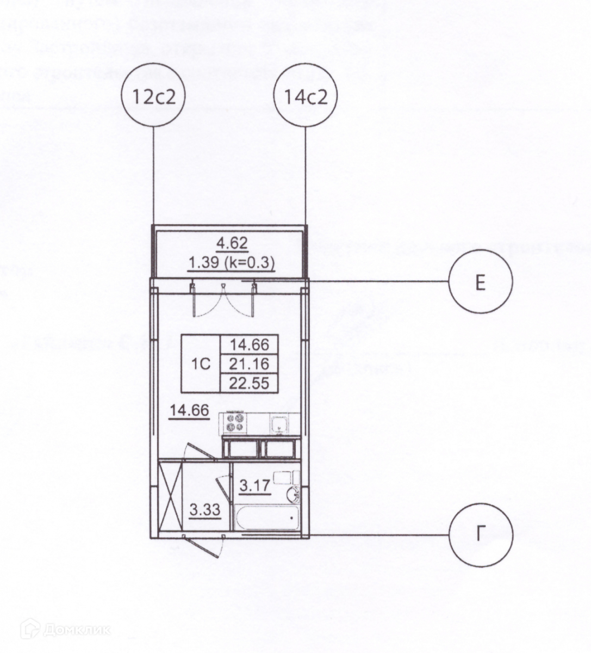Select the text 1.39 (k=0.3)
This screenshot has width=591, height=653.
(232, 263)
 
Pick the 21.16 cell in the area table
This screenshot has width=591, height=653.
(249, 364)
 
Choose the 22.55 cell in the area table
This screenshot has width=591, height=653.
(249, 383)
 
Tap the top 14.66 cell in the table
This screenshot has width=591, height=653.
(249, 344)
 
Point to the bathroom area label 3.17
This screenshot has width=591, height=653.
(254, 485)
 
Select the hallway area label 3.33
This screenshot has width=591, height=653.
(205, 510)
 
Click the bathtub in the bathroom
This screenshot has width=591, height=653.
(266, 518)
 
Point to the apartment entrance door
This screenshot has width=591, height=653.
(206, 544)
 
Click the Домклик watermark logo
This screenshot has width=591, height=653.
(65, 630)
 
